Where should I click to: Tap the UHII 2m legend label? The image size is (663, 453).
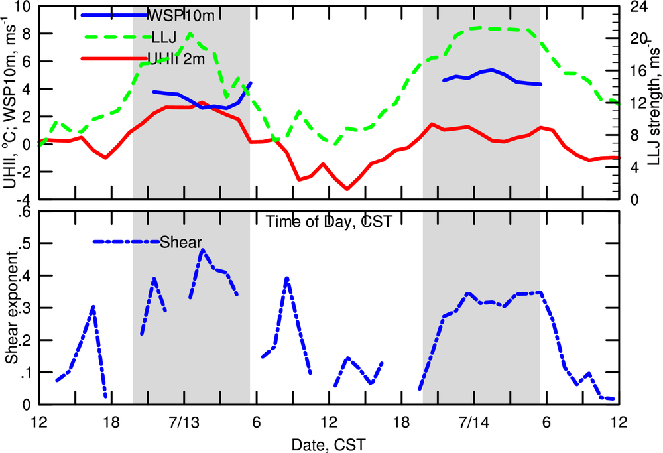(177, 60)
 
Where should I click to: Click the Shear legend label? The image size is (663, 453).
(181, 242)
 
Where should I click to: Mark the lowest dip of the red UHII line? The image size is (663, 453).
(347, 189)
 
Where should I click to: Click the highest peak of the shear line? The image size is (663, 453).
(202, 250)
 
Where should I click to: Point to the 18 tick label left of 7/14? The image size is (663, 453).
(400, 422)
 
